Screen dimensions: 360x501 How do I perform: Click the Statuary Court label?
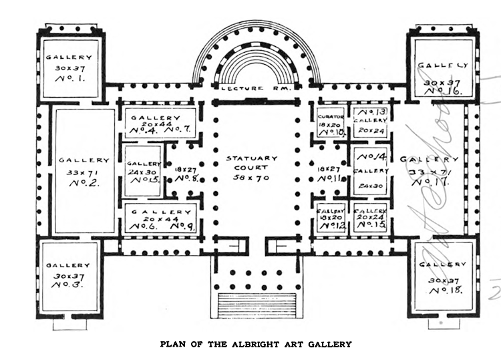click(246, 163)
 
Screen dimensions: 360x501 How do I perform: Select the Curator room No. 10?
click(330, 122)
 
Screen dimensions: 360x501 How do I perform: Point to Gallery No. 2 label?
click(83, 172)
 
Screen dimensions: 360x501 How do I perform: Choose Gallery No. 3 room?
click(69, 276)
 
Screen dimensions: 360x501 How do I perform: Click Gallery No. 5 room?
click(143, 171)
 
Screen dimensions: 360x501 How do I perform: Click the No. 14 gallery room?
click(371, 170)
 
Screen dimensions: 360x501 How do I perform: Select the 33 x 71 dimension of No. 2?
click(83, 172)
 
